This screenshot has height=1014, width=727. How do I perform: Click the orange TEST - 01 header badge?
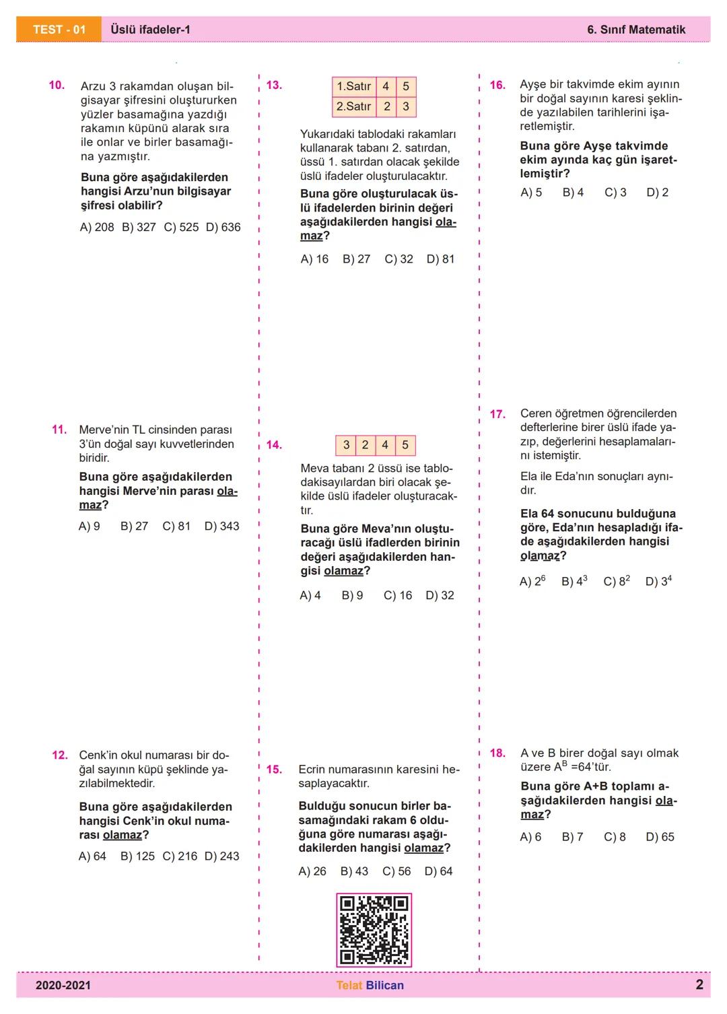(x=59, y=30)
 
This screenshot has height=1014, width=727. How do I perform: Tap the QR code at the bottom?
(x=374, y=930)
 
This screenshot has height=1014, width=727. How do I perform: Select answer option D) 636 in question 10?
(x=223, y=228)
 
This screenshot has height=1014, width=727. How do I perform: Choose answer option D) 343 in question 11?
(x=221, y=527)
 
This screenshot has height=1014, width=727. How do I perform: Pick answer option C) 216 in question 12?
(x=180, y=856)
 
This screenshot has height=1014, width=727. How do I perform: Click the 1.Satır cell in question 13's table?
(x=354, y=86)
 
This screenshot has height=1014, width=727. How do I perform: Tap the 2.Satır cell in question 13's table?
(x=354, y=106)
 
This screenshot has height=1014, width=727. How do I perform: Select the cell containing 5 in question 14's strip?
(x=405, y=445)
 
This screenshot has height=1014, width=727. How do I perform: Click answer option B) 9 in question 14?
(x=352, y=596)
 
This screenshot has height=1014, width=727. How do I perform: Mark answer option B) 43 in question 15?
(x=354, y=871)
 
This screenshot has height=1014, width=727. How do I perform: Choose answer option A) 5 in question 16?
(x=531, y=193)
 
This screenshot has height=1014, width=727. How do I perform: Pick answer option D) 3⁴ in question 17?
(x=658, y=581)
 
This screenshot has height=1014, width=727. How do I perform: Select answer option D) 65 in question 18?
(x=660, y=837)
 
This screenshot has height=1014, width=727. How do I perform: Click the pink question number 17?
(x=497, y=414)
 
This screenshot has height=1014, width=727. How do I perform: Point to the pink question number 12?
(x=60, y=755)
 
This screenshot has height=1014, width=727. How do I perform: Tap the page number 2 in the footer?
(x=699, y=985)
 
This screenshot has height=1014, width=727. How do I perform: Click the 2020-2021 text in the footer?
(x=63, y=986)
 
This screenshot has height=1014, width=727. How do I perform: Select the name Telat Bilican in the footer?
(x=370, y=986)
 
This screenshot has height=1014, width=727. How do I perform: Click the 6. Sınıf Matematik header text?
(x=636, y=30)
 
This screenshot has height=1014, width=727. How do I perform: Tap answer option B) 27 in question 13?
(x=356, y=259)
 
